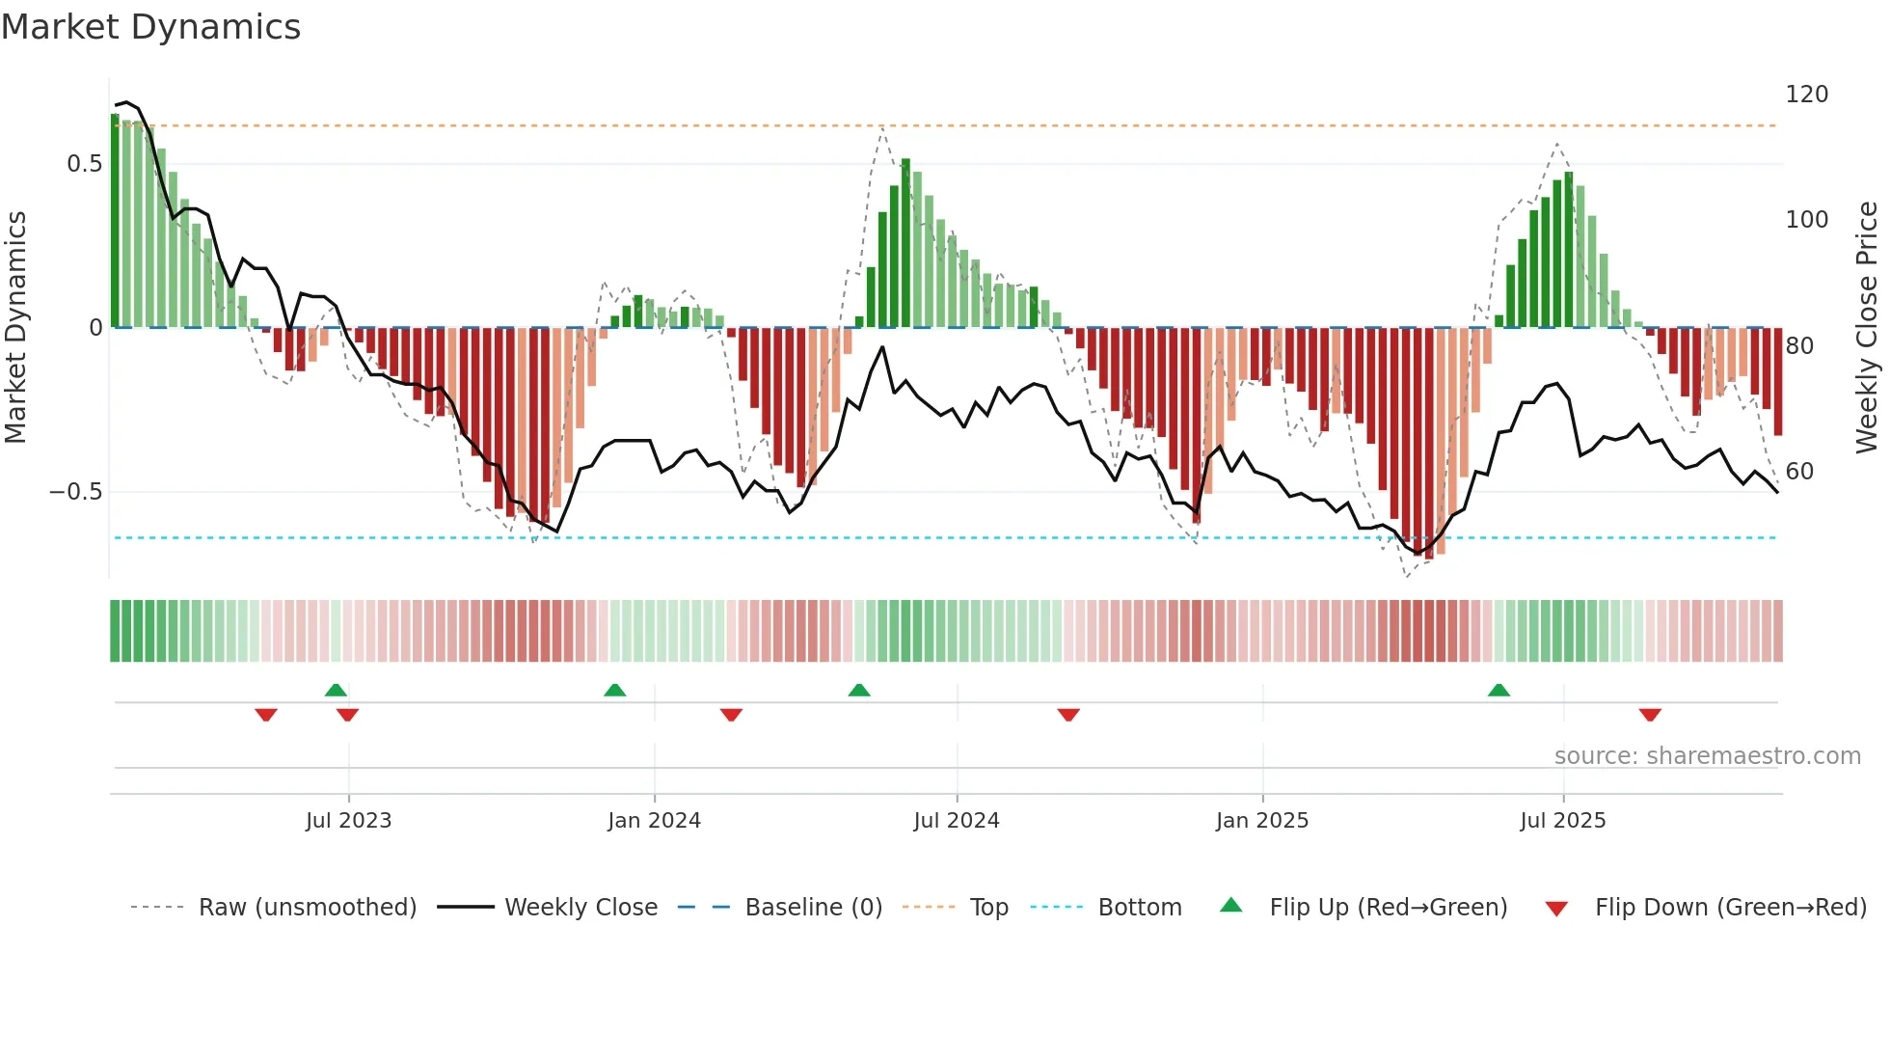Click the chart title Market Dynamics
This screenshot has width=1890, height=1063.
151,27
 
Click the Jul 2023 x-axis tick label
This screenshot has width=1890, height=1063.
348,821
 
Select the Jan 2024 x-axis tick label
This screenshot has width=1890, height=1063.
654,821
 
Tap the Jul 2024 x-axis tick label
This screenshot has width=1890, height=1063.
956,821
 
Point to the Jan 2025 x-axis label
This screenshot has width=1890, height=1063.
1261,821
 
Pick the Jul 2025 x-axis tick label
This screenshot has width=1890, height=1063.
1562,821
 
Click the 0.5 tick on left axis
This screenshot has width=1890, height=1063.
84,164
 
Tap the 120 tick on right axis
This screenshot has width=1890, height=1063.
1806,95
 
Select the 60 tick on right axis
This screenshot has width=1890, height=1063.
1799,472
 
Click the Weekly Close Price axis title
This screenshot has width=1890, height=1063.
1867,328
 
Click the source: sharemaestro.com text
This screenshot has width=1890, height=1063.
1707,756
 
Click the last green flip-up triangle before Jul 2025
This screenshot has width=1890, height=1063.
1498,690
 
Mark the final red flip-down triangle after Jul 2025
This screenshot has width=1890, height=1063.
1650,715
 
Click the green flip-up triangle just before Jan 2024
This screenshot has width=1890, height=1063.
614,690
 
